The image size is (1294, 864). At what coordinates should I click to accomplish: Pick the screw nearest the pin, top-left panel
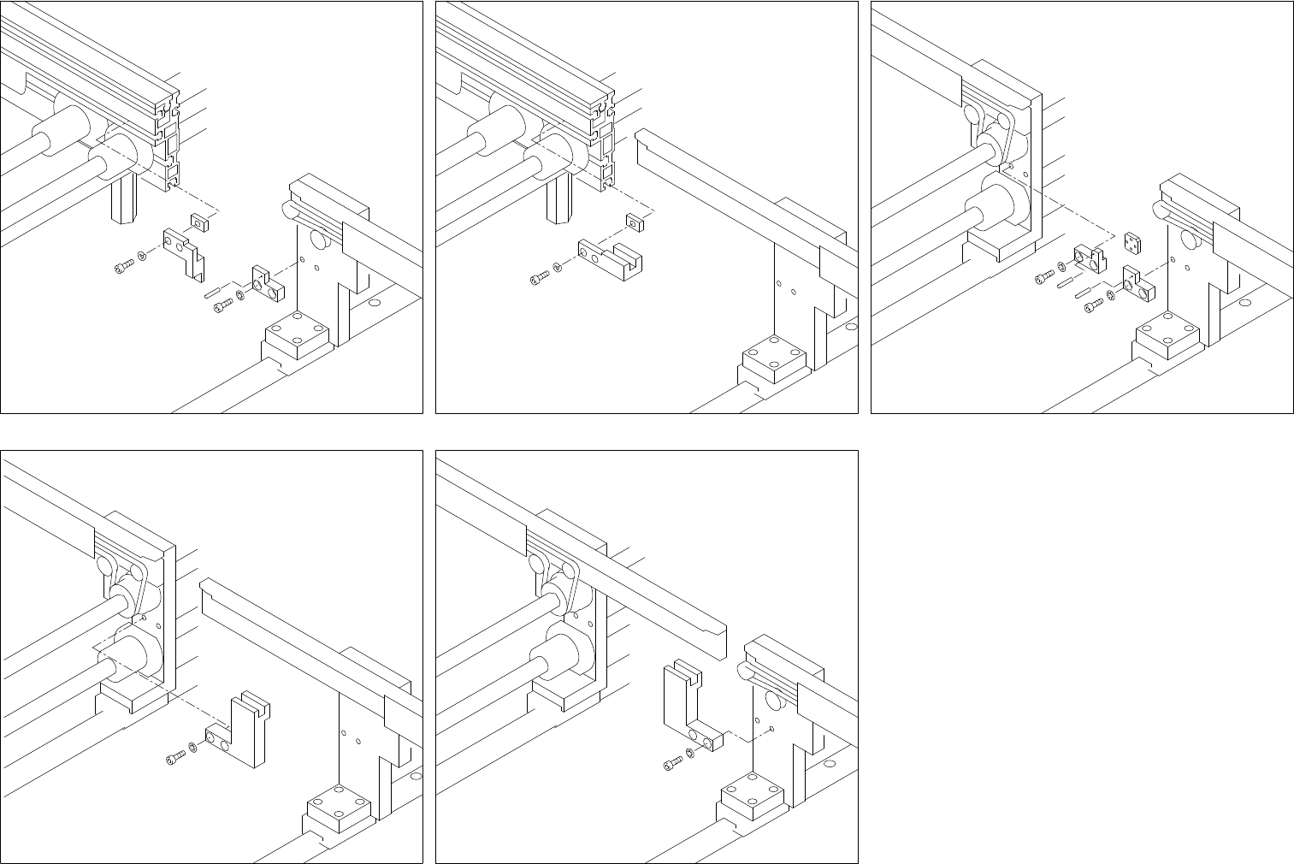pyautogui.click(x=221, y=305)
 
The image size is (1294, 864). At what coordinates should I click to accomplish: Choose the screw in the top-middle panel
pyautogui.click(x=538, y=276)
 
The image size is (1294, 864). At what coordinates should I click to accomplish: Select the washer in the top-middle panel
pyautogui.click(x=558, y=268)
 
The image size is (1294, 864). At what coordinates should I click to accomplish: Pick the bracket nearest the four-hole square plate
pyautogui.click(x=1137, y=286)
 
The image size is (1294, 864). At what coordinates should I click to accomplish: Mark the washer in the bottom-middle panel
pyautogui.click(x=690, y=754)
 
